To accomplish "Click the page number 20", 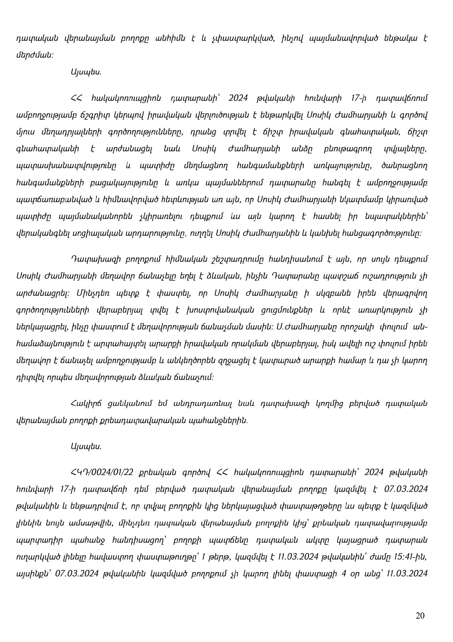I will tap(420, 616).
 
